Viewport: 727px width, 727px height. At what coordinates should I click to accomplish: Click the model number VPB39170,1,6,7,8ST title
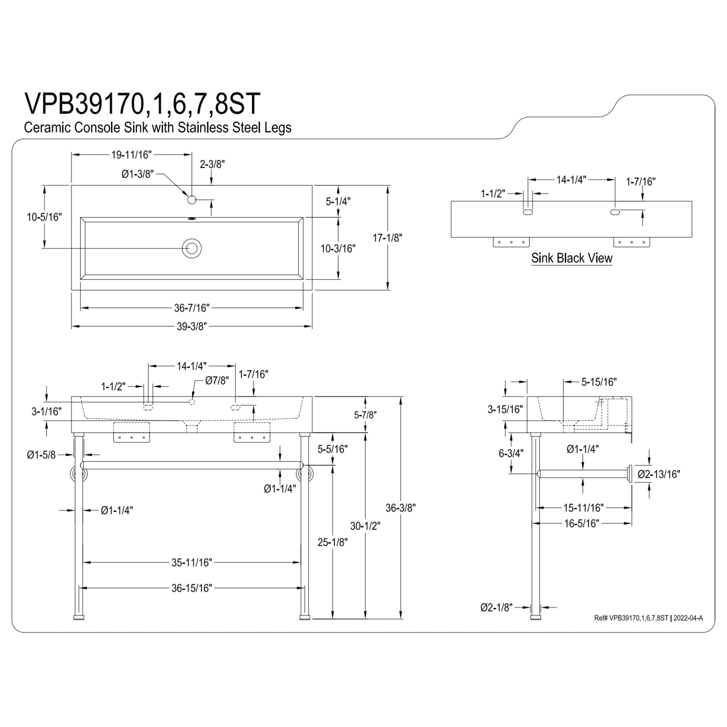tap(142, 104)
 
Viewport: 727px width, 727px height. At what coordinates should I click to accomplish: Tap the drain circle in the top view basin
tap(192, 248)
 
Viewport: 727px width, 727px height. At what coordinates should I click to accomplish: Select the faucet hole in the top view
tap(192, 200)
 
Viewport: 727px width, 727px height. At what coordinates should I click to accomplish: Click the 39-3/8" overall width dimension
tap(192, 326)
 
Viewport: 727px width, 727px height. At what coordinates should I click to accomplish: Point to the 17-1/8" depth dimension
tap(387, 238)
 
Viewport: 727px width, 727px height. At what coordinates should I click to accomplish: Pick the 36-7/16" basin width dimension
tap(192, 308)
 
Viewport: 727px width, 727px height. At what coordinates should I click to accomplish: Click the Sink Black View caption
tap(571, 258)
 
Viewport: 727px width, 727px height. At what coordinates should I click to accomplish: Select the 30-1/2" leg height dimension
tap(365, 526)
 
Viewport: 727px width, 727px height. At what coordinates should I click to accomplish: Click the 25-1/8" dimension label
tap(332, 542)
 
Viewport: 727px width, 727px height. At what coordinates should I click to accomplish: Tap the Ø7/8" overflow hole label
tap(217, 381)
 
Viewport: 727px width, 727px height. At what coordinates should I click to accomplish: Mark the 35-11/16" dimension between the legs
tap(192, 562)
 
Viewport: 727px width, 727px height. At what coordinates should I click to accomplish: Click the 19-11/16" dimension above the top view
tap(131, 154)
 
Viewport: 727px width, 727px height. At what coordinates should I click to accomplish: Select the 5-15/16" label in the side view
tap(599, 382)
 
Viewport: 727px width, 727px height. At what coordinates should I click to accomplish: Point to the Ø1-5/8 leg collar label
tap(41, 455)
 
